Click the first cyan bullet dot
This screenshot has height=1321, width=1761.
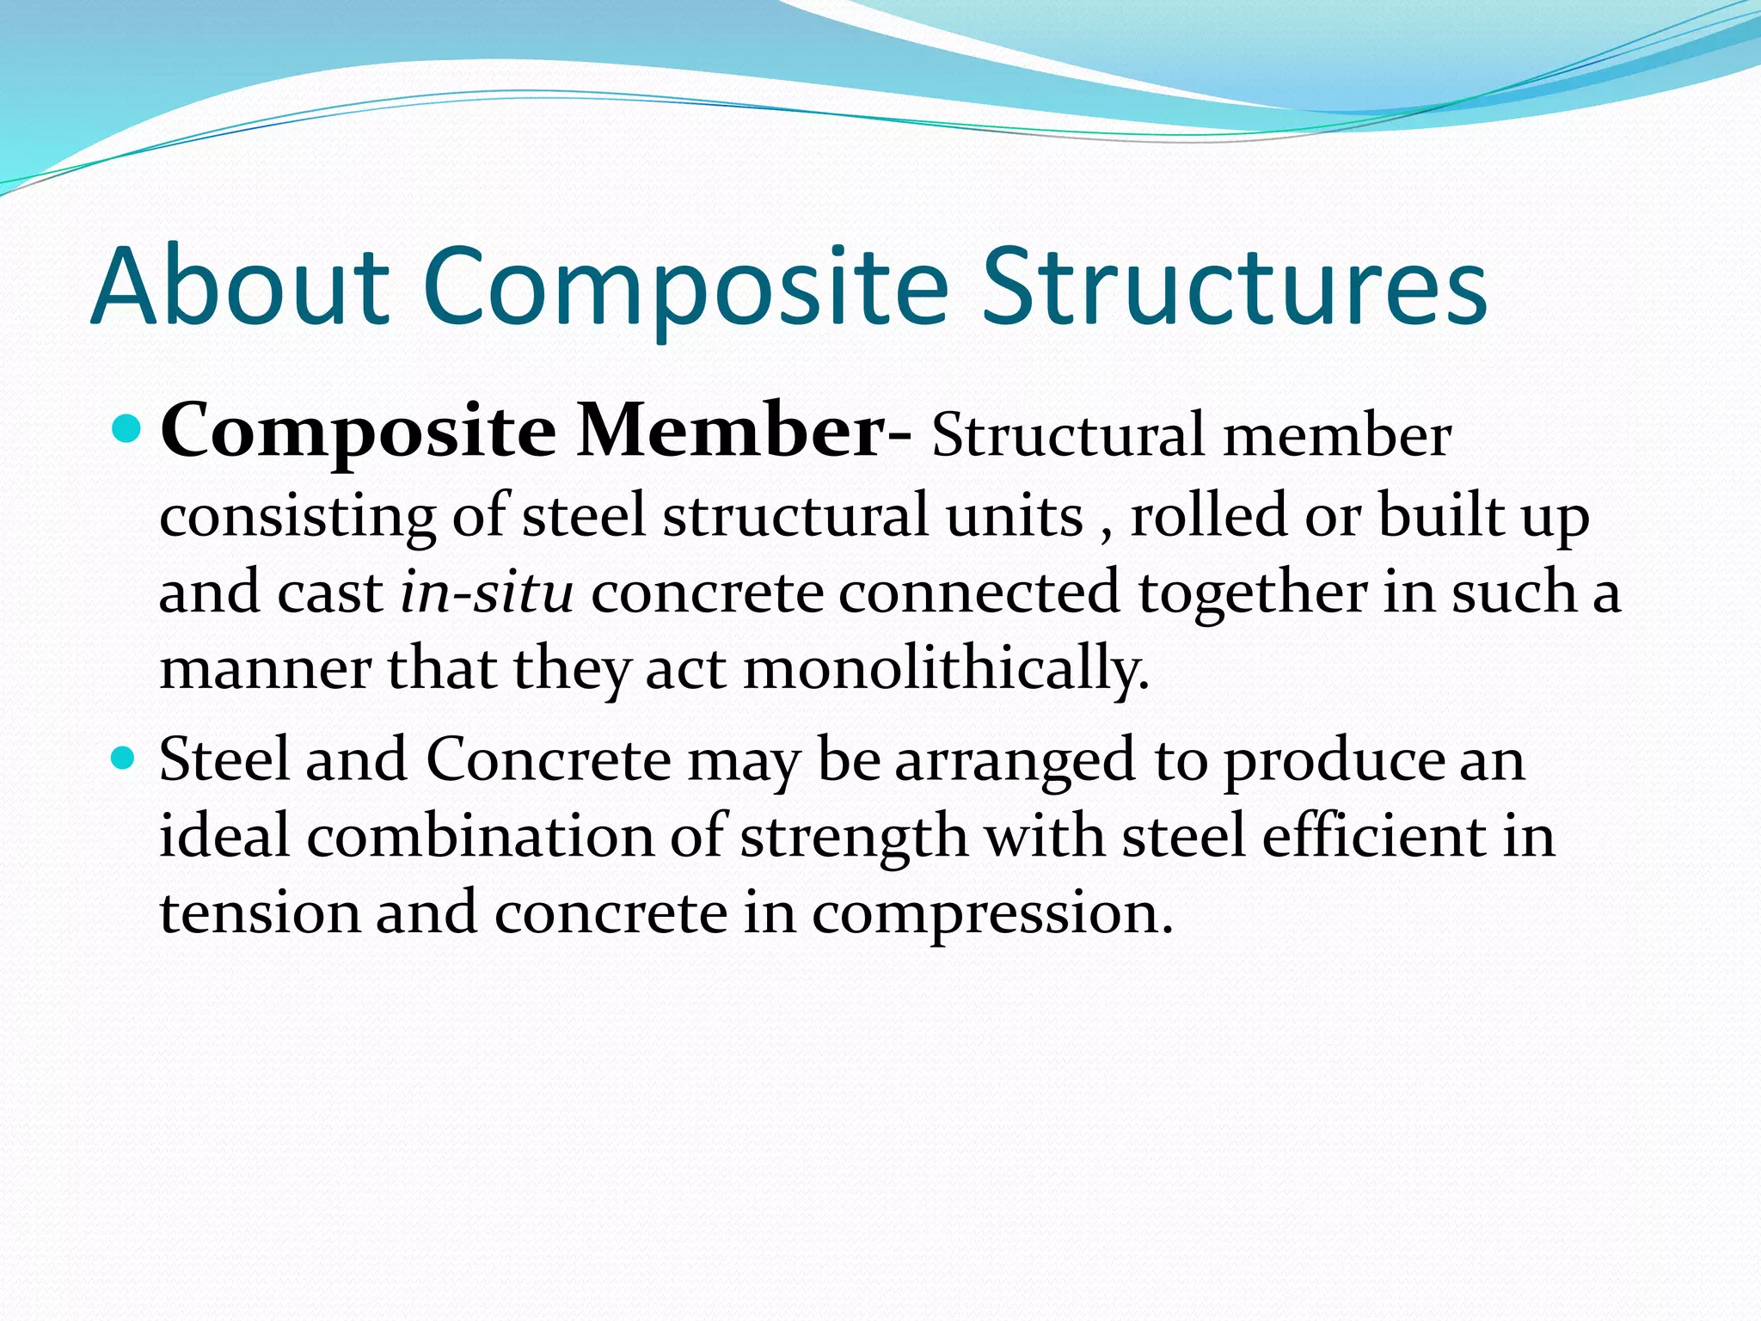[126, 427]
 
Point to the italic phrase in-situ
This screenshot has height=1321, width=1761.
[487, 593]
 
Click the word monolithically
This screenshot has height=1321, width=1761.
[946, 668]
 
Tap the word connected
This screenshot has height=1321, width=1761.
[979, 593]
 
